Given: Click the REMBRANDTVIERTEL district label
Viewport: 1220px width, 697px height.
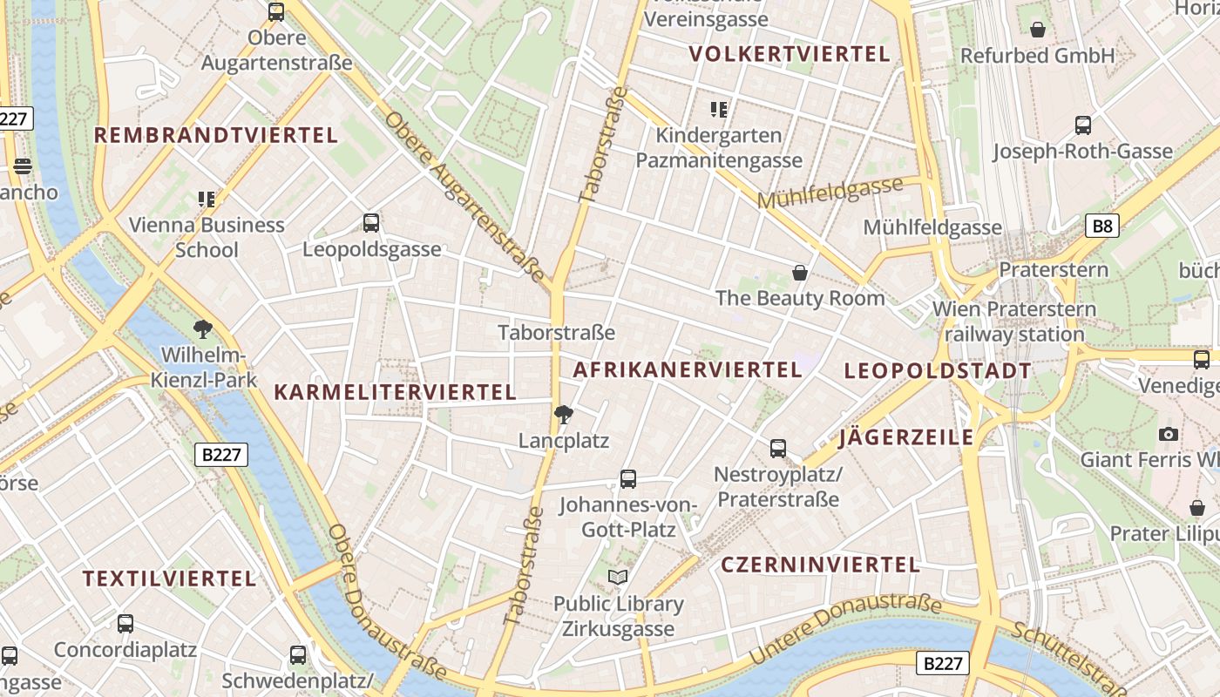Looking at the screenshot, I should click(215, 135).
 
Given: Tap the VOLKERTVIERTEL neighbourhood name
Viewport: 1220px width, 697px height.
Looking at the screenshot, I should click(790, 54).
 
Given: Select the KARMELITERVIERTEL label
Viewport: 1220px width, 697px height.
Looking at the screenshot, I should click(396, 392).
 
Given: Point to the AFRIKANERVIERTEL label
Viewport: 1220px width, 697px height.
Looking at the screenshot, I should click(687, 369).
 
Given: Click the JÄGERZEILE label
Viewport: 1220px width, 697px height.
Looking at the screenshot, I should click(906, 437).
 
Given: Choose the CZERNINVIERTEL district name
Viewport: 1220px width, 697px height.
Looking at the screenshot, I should click(820, 565).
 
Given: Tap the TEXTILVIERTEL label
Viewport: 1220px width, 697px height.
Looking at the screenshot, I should click(170, 579).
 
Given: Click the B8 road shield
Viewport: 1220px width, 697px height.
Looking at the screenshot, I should click(1102, 227).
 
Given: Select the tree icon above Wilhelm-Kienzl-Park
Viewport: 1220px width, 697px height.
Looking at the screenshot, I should click(203, 329).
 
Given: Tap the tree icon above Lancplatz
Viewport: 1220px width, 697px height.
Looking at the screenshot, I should click(564, 415).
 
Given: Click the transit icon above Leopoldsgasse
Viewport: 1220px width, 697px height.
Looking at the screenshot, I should click(371, 223).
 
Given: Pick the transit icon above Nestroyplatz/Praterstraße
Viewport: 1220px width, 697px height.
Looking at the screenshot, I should click(778, 449).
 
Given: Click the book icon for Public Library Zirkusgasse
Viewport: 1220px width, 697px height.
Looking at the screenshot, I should click(618, 577).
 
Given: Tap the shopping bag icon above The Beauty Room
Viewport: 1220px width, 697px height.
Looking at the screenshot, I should click(799, 274).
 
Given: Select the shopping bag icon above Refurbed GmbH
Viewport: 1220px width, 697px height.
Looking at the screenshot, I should click(1038, 30).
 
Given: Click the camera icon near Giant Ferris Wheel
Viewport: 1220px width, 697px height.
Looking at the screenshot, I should click(1169, 434).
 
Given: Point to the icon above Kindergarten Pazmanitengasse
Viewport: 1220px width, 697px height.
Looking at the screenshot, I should click(718, 110).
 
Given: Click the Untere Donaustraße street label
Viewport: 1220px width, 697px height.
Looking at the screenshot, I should click(845, 629).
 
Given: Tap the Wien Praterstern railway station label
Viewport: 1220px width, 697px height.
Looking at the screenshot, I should click(1014, 321).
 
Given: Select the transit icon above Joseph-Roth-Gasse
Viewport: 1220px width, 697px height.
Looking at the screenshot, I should click(1082, 125).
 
